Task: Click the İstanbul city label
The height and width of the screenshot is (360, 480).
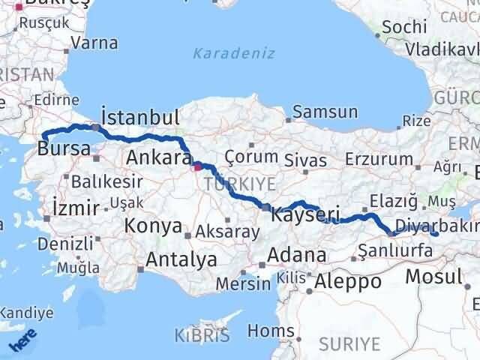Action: point(140,118)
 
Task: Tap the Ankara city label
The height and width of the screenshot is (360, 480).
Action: point(159,158)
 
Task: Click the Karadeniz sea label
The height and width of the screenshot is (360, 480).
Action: point(234,53)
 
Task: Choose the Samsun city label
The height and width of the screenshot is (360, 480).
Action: point(325,112)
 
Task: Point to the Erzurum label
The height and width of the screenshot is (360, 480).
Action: point(379,159)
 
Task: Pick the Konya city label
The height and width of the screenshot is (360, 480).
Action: point(153,226)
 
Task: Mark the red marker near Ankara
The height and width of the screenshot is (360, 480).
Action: point(197,167)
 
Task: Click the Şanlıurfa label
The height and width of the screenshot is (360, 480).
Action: point(395,251)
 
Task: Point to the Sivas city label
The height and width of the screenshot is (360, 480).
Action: point(305,160)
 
